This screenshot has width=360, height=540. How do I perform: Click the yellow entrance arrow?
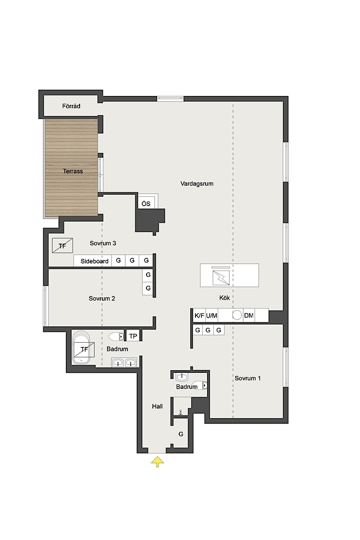pos(157,461)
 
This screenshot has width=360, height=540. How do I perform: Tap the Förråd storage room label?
pos(71,106)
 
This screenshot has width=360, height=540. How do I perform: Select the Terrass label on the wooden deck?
pos(73,171)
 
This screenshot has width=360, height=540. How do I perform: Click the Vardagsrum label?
pos(197,184)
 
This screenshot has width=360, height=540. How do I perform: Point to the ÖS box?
pos(147,203)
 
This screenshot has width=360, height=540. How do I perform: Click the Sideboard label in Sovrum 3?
pos(94,261)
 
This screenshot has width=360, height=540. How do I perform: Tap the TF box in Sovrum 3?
pos(62,246)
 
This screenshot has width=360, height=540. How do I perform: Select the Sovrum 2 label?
pos(102,298)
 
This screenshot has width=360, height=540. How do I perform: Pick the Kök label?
pos(225,297)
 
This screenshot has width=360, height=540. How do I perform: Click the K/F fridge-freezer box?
pos(199,315)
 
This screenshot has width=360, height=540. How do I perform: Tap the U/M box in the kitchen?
pos(211,315)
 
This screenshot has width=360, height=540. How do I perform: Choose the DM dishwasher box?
pos(248,315)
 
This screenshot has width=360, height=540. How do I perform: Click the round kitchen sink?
pos(237,315)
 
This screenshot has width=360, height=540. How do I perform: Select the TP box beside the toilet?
pos(133,336)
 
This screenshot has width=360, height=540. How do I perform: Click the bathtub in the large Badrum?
pos(81,347)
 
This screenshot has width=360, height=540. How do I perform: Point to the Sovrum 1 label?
pos(247,378)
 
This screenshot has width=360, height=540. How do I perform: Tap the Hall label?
pos(157,407)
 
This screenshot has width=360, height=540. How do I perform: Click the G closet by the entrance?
pos(181,434)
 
